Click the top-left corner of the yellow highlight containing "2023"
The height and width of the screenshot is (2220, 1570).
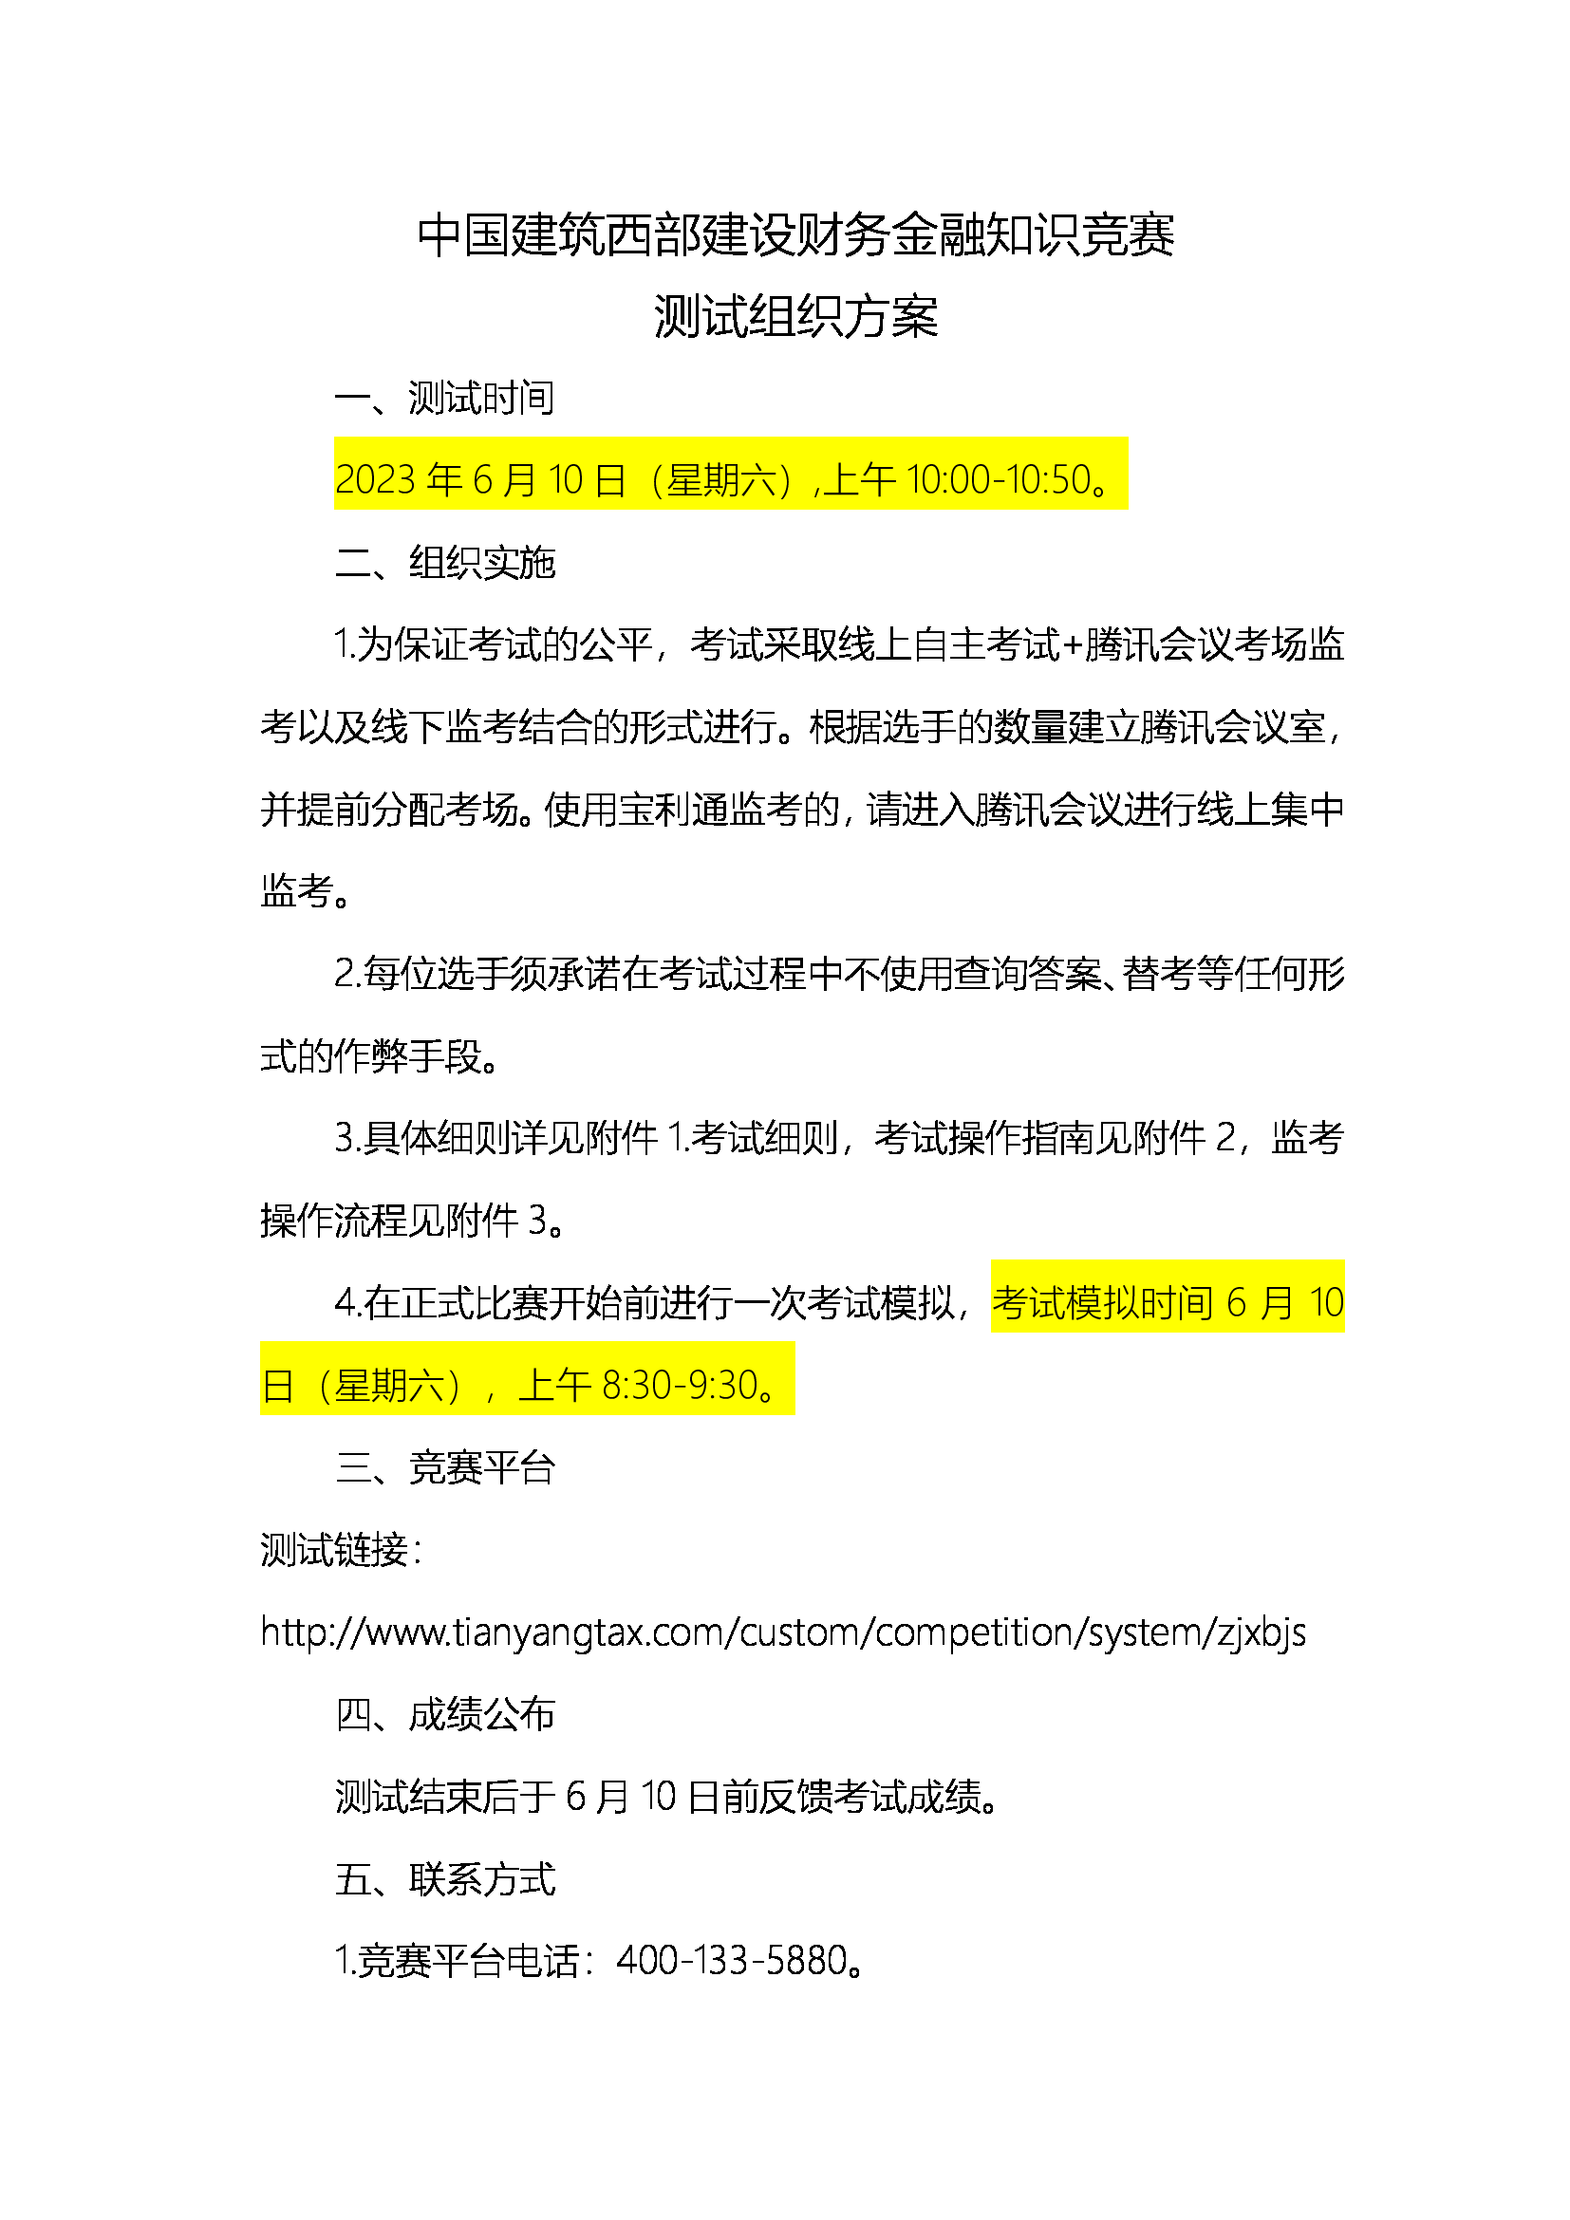(x=334, y=437)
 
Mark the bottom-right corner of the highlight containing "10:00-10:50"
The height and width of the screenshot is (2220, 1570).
(x=1129, y=510)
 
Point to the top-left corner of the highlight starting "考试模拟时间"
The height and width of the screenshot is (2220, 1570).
(x=991, y=1259)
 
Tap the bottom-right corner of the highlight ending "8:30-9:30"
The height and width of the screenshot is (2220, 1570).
(x=795, y=1414)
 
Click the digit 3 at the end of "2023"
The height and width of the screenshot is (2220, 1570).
(x=405, y=479)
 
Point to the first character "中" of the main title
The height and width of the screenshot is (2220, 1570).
(x=439, y=236)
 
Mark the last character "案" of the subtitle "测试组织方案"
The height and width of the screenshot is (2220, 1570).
(x=914, y=317)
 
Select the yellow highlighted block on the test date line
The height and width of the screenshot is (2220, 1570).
(x=731, y=474)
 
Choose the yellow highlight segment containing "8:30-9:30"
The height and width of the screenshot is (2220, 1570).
(x=528, y=1379)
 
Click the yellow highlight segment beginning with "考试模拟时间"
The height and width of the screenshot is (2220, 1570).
(x=1168, y=1297)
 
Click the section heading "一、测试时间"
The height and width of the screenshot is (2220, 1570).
(x=444, y=399)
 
